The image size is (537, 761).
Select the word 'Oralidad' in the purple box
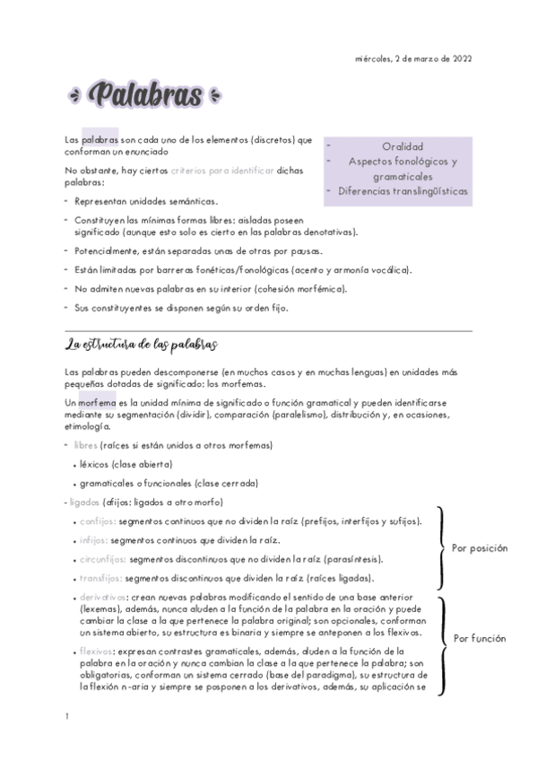(x=402, y=146)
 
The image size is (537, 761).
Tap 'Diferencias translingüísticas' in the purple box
(x=403, y=190)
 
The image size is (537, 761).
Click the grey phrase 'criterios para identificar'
(x=222, y=170)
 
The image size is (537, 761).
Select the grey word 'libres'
(x=87, y=446)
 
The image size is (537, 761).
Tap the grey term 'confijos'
(x=96, y=521)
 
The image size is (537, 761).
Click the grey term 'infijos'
(x=93, y=540)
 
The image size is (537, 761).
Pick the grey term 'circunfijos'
(x=100, y=559)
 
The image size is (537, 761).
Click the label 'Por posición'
(x=479, y=548)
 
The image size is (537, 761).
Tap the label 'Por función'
(x=479, y=639)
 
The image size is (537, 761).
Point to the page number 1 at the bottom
(x=67, y=717)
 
